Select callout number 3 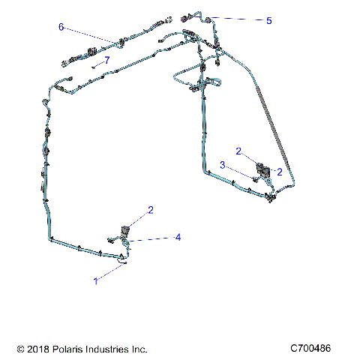[222, 163]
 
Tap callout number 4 [178, 237]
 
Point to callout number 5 [268, 21]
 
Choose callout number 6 [61, 27]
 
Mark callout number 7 [107, 59]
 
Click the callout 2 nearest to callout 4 [150, 210]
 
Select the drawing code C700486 [316, 349]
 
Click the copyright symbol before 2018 [20, 349]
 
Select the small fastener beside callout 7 [97, 65]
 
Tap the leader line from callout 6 [90, 35]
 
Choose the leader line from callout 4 [154, 239]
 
